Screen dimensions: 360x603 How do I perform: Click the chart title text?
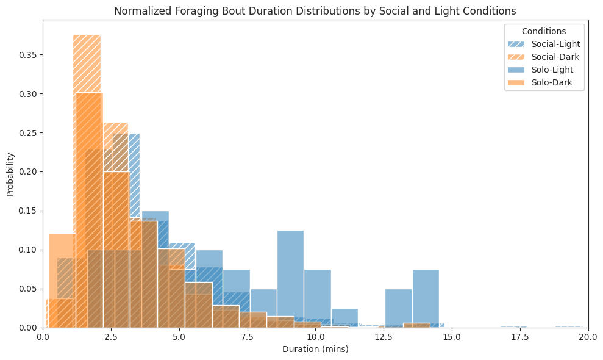[x=315, y=10]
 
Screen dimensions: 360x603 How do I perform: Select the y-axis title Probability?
[x=10, y=174]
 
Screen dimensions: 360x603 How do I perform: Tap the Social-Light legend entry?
[x=555, y=44]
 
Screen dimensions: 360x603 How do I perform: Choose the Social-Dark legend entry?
[x=555, y=57]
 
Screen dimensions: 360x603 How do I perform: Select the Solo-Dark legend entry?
[x=552, y=82]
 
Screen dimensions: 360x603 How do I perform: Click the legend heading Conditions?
[x=544, y=31]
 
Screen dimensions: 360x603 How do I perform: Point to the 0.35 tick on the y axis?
[x=27, y=55]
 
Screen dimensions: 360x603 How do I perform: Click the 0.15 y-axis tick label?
[x=27, y=211]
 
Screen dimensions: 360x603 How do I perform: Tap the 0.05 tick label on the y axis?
[x=27, y=289]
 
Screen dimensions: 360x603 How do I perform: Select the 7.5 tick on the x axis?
[x=247, y=336]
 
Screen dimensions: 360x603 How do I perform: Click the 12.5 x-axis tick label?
[x=384, y=336]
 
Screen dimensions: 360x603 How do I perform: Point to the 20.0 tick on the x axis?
[x=588, y=336]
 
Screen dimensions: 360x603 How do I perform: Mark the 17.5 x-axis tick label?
[x=519, y=336]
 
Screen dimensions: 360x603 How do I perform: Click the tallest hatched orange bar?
[x=87, y=61]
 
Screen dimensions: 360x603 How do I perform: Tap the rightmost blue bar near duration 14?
[x=426, y=296]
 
